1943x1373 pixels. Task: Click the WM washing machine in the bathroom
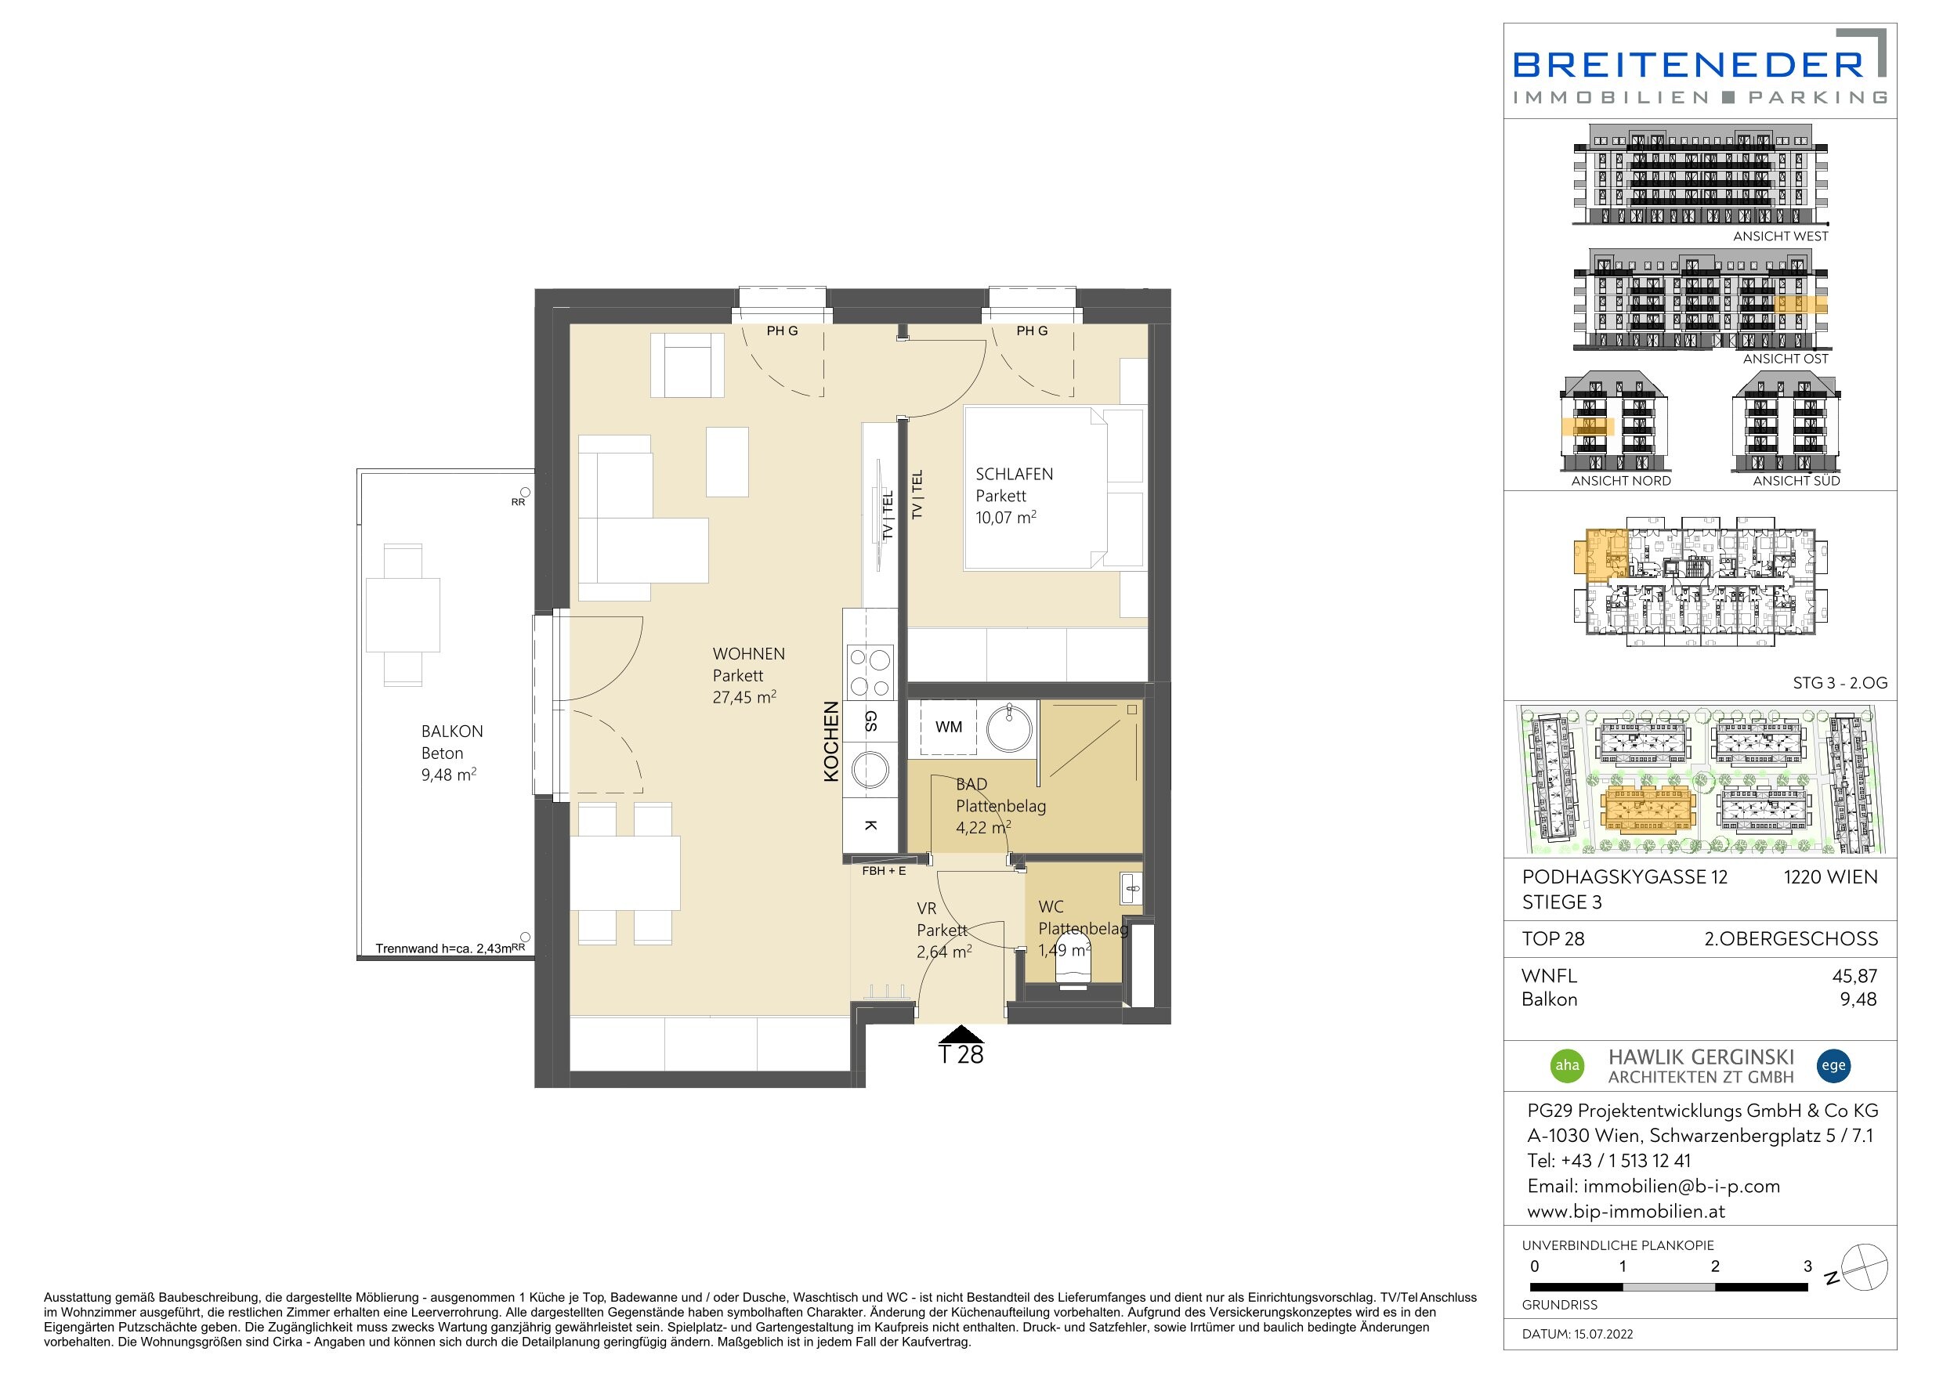pyautogui.click(x=948, y=727)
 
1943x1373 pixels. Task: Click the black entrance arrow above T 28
pyautogui.click(x=961, y=1034)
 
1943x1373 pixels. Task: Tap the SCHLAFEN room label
pyautogui.click(x=1014, y=475)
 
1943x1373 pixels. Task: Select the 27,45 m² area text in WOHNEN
pyautogui.click(x=744, y=697)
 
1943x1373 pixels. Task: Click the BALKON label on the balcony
pyautogui.click(x=452, y=731)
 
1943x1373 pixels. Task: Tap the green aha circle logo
pyautogui.click(x=1567, y=1065)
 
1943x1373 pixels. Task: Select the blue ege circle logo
pyautogui.click(x=1833, y=1065)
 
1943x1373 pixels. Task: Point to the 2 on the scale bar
pyautogui.click(x=1715, y=1266)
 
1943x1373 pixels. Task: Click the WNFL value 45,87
pyautogui.click(x=1854, y=975)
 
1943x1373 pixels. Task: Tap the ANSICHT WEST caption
pyautogui.click(x=1781, y=236)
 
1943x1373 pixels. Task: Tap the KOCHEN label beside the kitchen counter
pyautogui.click(x=831, y=741)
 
